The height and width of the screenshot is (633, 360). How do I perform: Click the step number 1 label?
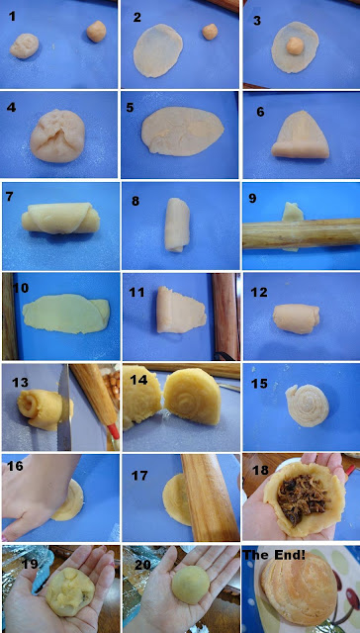click(x=13, y=17)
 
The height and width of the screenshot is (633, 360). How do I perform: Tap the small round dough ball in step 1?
click(x=97, y=32)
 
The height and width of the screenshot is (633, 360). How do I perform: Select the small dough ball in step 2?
click(x=210, y=32)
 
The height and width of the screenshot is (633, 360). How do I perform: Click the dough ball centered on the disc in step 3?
click(x=295, y=45)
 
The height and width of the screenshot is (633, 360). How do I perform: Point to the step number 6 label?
click(x=261, y=112)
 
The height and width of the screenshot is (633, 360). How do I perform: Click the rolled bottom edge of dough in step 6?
click(x=300, y=149)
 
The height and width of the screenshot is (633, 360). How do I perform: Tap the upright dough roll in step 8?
click(x=178, y=225)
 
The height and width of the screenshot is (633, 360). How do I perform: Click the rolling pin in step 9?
click(x=301, y=233)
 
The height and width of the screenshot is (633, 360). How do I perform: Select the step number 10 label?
click(x=21, y=289)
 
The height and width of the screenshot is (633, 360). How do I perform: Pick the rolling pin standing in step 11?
click(x=225, y=316)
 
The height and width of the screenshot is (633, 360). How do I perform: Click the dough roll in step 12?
click(x=297, y=318)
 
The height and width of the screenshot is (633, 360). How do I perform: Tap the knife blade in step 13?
click(x=64, y=407)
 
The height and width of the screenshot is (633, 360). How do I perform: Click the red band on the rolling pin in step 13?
click(x=114, y=431)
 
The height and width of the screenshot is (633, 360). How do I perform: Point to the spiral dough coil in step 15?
click(x=308, y=406)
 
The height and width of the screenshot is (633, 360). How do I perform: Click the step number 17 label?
click(x=139, y=476)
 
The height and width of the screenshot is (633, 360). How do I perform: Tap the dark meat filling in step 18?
click(x=303, y=495)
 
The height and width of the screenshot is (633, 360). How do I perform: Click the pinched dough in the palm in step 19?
click(x=69, y=591)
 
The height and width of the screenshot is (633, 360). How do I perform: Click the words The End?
click(x=274, y=556)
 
